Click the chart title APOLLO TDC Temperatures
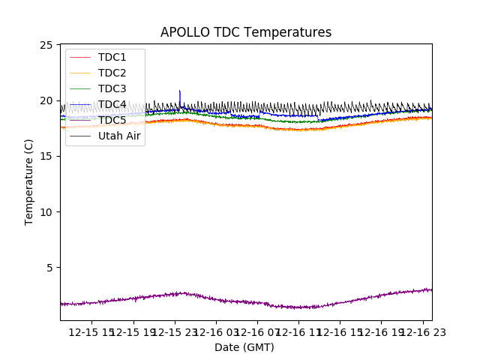click(x=246, y=32)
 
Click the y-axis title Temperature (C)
click(x=29, y=181)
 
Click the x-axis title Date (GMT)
click(x=244, y=347)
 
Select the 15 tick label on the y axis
click(x=47, y=156)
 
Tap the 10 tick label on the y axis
click(x=47, y=211)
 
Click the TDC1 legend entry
click(x=112, y=57)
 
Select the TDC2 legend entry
click(x=112, y=73)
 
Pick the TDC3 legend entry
click(x=112, y=88)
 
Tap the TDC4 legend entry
click(x=112, y=104)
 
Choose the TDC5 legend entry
click(x=112, y=120)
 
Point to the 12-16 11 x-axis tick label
click(x=298, y=331)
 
